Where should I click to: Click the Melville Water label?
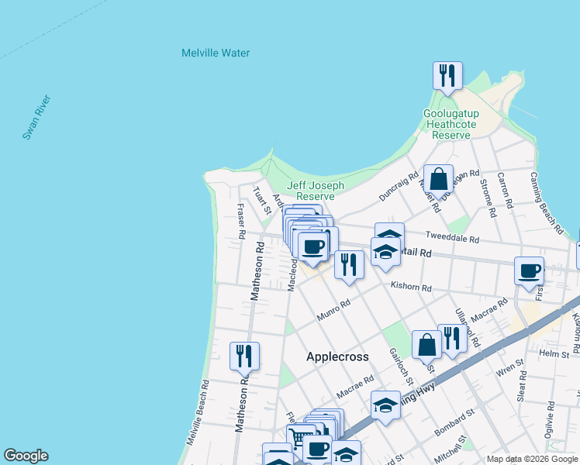(216, 53)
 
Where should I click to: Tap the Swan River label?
(36, 117)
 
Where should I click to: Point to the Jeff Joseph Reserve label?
(316, 191)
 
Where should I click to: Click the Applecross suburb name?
(337, 356)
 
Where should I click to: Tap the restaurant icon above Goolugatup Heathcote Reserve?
(447, 76)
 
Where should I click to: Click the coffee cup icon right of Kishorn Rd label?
(529, 271)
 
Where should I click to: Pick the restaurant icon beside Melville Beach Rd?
(244, 356)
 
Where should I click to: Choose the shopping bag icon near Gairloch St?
(426, 345)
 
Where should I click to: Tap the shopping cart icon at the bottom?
(299, 438)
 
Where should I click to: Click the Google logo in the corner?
(26, 456)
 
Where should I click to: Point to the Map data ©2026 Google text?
(531, 459)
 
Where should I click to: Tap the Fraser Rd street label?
(241, 221)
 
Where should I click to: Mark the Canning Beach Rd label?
(546, 201)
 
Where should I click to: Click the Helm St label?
(554, 353)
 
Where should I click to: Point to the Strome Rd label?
(485, 192)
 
